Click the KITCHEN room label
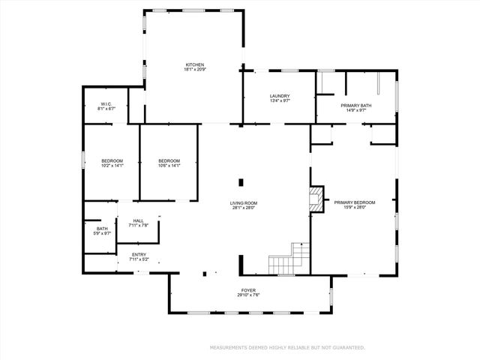coord(195,64)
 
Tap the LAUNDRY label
coord(280,96)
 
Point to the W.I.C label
coord(106,104)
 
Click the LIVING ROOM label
coord(244,202)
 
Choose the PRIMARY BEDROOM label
coord(355,202)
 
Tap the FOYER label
coord(248,290)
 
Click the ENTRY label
coord(139,255)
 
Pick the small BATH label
coord(101,229)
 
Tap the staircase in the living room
coord(289,259)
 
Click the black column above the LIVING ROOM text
coord(241,181)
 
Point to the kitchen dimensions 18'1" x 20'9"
coord(195,70)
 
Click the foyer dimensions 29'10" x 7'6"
coord(248,295)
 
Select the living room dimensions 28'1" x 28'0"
coord(244,208)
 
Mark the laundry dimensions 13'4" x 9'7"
coord(280,101)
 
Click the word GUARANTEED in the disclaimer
coord(349,347)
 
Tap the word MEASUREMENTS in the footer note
coord(228,347)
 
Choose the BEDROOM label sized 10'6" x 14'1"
coord(169,161)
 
